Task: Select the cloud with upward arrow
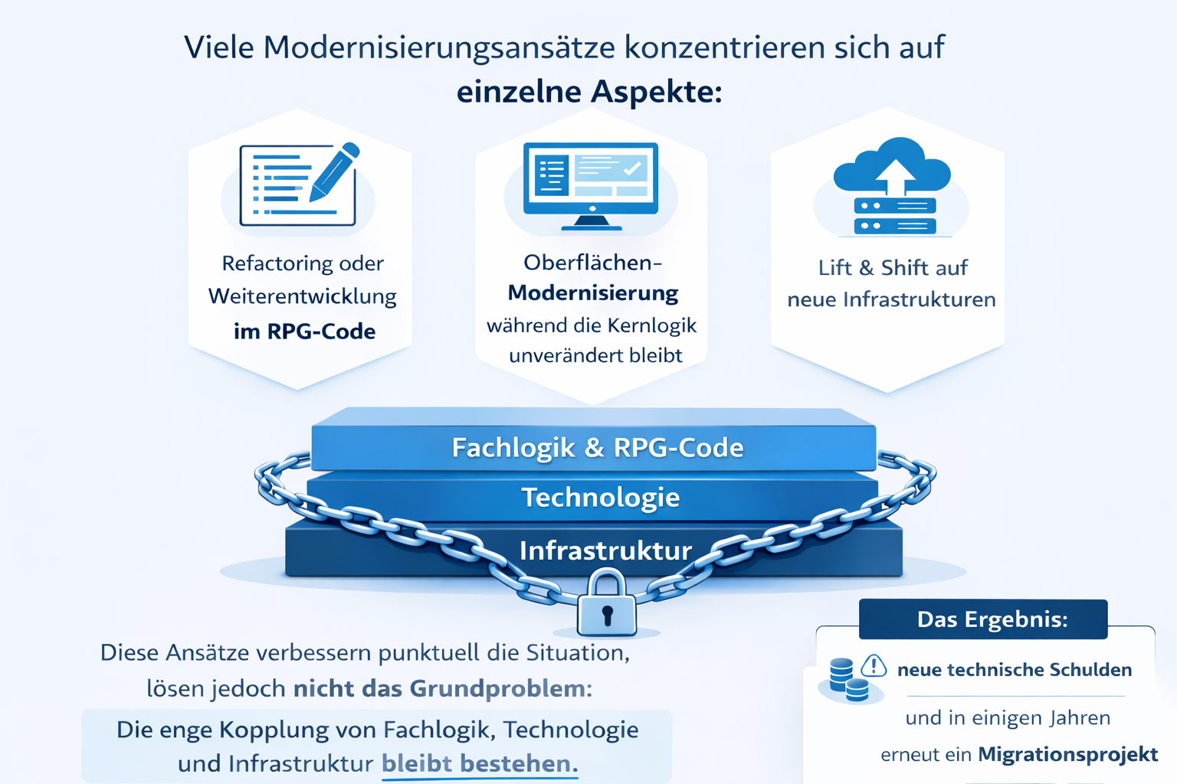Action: pos(892,166)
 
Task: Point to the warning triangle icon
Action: pos(874,665)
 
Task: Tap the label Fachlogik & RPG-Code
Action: pos(597,448)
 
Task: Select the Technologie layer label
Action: pos(600,498)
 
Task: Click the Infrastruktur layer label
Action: pos(605,550)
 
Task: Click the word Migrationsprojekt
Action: pos(1067,754)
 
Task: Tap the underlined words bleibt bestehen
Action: pos(479,763)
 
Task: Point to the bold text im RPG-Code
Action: pos(304,332)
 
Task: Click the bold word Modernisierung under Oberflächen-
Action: pos(593,293)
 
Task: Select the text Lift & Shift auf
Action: pos(892,268)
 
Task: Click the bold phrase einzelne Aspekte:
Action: pos(589,92)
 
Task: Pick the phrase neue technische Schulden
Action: pos(1014,670)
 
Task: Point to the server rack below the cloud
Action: pos(894,216)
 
